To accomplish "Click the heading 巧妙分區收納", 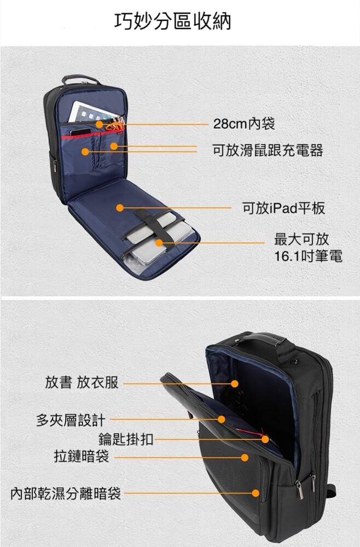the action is [x=173, y=21].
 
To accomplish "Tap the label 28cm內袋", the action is [x=244, y=124].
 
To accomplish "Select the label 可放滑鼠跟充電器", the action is [x=268, y=150].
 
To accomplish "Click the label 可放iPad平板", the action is [x=283, y=208].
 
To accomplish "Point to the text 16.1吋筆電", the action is [x=308, y=257].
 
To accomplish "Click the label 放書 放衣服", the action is [x=82, y=382].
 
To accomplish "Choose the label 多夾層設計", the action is [x=71, y=420].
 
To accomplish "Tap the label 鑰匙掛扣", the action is [x=126, y=439].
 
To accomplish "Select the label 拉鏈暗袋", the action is [x=82, y=456].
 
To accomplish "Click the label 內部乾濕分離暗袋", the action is [x=66, y=493].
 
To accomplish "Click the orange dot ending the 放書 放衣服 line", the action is [x=235, y=384].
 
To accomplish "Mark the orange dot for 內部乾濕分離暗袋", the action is [x=256, y=493].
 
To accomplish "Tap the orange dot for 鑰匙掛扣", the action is [x=265, y=439].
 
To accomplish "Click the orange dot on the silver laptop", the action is [x=159, y=243].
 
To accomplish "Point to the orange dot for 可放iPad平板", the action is [x=120, y=208].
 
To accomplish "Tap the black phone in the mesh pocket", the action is [x=80, y=132].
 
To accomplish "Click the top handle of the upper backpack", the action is [x=81, y=79].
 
